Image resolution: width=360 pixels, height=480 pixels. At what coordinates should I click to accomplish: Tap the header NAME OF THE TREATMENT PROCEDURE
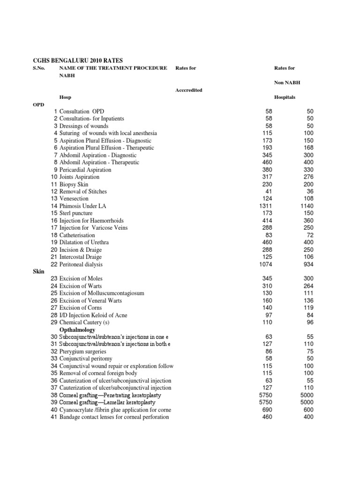tap(113, 68)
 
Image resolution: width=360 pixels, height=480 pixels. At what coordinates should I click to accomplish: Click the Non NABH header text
tap(287, 82)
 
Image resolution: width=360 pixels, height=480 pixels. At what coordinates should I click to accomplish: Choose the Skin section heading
tap(38, 271)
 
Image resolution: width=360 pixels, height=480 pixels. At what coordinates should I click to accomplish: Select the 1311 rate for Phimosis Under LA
tap(265, 206)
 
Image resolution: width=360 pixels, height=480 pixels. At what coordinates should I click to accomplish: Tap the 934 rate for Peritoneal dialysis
tap(307, 264)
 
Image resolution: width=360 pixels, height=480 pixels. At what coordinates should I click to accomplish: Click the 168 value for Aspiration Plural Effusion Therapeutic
tap(307, 148)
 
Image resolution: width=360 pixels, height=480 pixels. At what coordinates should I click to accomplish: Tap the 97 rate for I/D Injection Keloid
tap(269, 315)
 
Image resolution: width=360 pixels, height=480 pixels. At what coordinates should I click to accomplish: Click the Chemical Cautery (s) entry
tap(84, 322)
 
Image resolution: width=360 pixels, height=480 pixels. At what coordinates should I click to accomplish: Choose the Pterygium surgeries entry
tap(82, 352)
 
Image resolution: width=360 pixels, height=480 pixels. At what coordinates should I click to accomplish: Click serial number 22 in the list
tap(54, 264)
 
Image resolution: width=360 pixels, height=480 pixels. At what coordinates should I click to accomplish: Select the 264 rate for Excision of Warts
tap(307, 286)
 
